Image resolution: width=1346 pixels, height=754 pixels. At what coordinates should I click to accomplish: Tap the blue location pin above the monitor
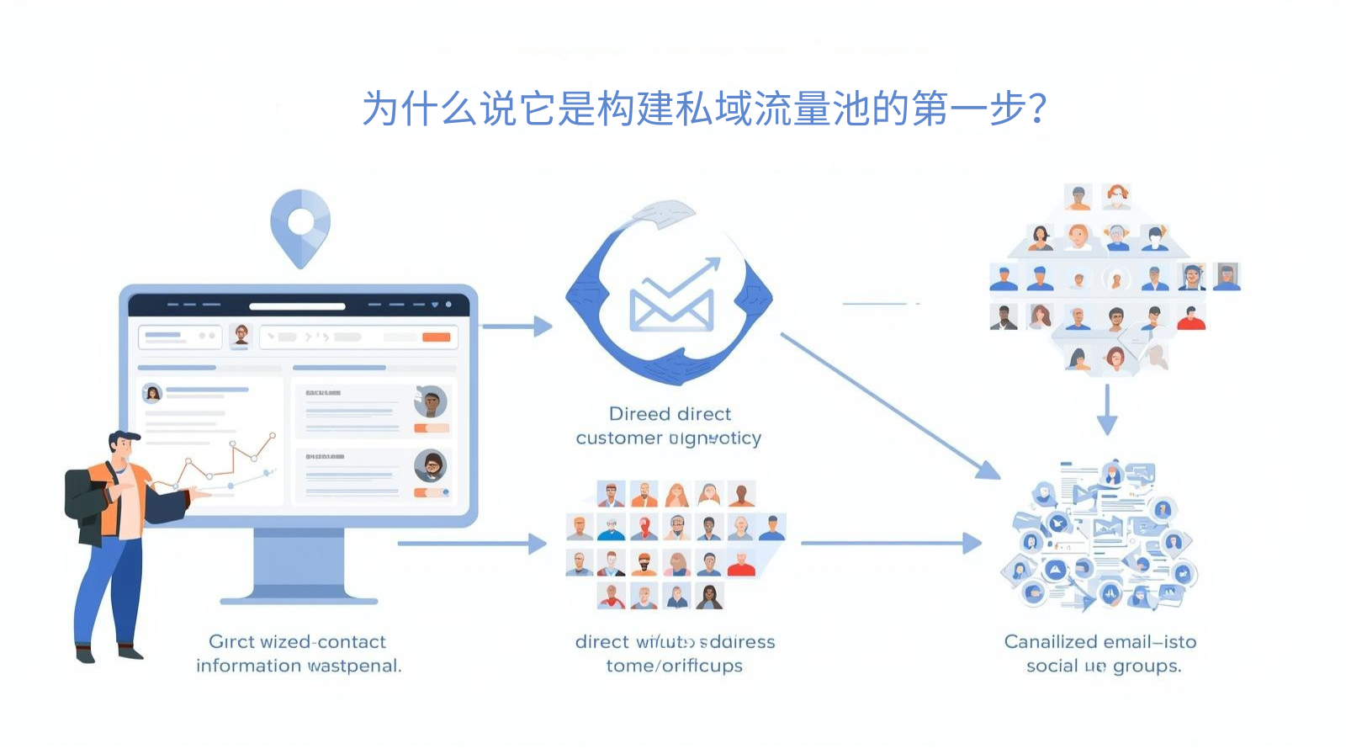point(300,224)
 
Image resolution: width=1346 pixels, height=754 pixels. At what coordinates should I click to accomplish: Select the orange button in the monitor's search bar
point(436,337)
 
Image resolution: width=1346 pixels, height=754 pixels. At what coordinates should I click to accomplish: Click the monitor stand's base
point(299,599)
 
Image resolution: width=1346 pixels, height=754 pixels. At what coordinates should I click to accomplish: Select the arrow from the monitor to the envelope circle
point(516,326)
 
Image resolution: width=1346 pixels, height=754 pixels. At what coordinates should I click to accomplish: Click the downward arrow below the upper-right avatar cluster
point(1107,411)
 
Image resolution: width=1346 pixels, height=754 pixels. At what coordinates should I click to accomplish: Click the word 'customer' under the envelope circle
point(619,438)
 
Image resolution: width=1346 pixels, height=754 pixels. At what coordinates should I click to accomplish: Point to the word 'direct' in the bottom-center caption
point(602,642)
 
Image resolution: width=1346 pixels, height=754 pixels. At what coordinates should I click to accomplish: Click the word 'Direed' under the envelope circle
point(639,414)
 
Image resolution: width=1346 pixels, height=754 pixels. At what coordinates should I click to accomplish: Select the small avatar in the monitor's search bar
point(241,335)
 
